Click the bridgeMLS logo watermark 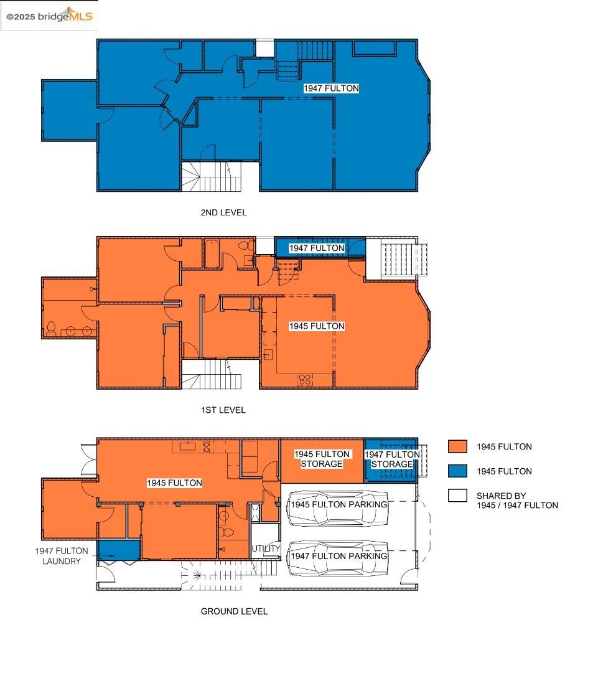tap(49, 16)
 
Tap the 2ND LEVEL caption tap(223, 212)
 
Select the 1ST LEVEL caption tap(223, 410)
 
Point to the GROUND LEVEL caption tap(234, 611)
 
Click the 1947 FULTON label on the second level tap(331, 88)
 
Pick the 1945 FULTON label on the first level tap(317, 326)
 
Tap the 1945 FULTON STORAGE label tap(322, 459)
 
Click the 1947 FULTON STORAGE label tap(392, 459)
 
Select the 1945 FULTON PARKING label tap(339, 504)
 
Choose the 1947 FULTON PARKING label tap(339, 556)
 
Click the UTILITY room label tap(266, 548)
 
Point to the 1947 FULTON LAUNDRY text tap(62, 556)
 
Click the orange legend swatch tap(457, 446)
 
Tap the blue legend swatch tap(457, 471)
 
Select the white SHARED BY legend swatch tap(457, 496)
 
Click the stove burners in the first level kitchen tap(305, 379)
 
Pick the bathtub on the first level tap(212, 253)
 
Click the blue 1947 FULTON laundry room tap(119, 550)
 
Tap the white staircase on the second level tap(212, 176)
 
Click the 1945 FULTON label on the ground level tap(174, 483)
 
